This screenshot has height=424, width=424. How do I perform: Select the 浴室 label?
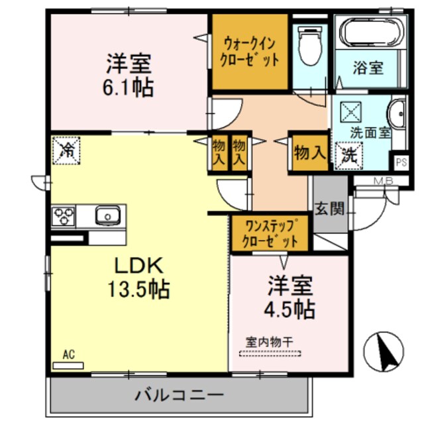(369, 68)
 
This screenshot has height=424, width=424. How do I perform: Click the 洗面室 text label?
(370, 132)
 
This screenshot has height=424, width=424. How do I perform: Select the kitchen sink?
(107, 215)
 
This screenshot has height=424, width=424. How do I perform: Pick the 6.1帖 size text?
(130, 87)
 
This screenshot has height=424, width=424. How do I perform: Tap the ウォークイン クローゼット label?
(250, 50)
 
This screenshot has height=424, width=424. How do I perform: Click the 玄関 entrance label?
(329, 211)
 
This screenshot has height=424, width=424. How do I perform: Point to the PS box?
(400, 161)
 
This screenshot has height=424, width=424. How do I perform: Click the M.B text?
(366, 181)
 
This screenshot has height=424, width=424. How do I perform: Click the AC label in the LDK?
(69, 356)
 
